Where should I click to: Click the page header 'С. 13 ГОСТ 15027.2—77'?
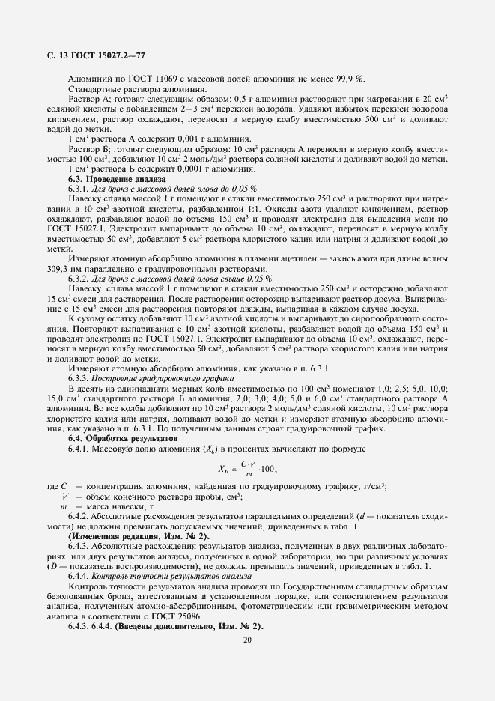pos(85,55)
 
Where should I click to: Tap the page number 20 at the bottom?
pos(247,638)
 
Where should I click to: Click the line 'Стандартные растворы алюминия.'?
pos(127,89)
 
